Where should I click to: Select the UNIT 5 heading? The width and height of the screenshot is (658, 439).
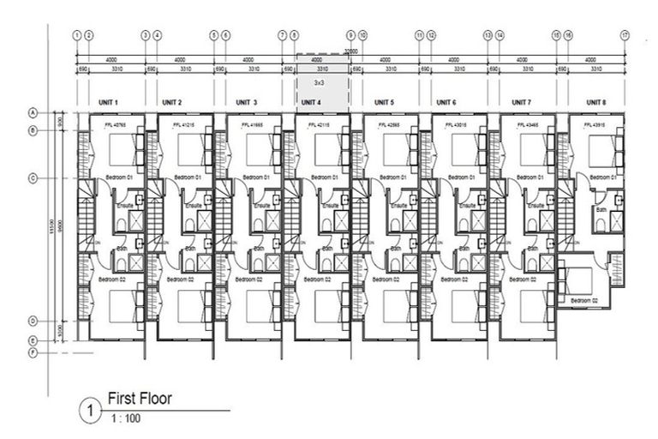coord(384,102)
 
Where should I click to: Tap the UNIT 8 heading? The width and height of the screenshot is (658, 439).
coord(595,102)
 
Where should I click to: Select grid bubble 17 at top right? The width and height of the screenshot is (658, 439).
coord(625,35)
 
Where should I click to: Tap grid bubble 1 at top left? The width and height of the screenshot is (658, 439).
coord(77,35)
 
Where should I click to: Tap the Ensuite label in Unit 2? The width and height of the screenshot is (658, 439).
coord(194,206)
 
